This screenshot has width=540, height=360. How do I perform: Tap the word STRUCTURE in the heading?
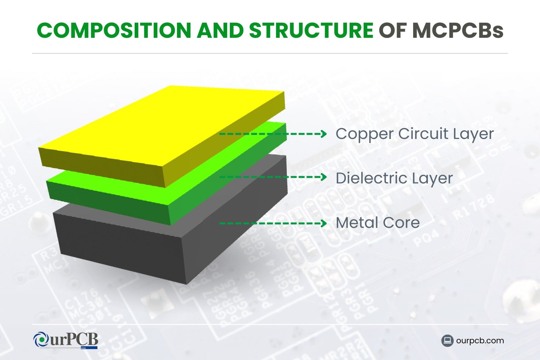coord(311,30)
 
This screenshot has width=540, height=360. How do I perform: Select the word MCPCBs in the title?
coord(458,30)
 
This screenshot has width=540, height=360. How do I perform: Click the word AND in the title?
coord(220,30)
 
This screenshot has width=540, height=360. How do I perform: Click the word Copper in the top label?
coord(364,134)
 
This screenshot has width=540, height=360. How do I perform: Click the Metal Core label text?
coord(378,223)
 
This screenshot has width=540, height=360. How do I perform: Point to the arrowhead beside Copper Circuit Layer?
coord(324,134)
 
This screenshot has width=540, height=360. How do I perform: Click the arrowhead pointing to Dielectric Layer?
coord(324,177)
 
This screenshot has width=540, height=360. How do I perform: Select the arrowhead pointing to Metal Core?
coord(324,223)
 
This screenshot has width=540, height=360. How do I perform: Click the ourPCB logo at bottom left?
coord(66,340)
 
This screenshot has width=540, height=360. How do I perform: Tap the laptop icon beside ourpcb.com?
coord(447,341)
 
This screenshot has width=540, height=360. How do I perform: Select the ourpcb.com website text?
coord(480,341)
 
